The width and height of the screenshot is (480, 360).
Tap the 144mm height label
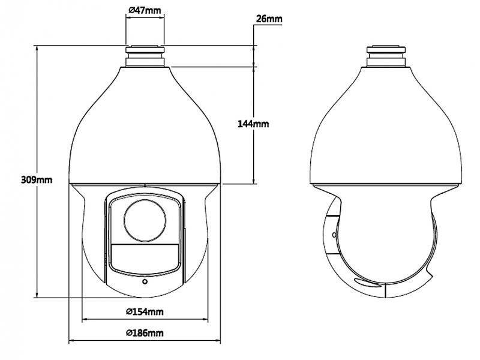tap(254, 124)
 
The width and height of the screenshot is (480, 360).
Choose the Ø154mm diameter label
tap(144, 311)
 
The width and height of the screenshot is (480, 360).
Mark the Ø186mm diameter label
tap(144, 332)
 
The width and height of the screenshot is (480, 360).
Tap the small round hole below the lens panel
tap(144, 281)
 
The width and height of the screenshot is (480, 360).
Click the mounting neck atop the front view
tap(144, 56)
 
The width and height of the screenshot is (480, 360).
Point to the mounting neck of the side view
tap(387, 56)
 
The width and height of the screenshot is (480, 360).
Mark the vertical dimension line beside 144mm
tap(256, 156)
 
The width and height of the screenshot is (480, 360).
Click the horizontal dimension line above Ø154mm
tap(144, 320)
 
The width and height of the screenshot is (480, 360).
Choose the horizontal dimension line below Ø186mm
tap(144, 341)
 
